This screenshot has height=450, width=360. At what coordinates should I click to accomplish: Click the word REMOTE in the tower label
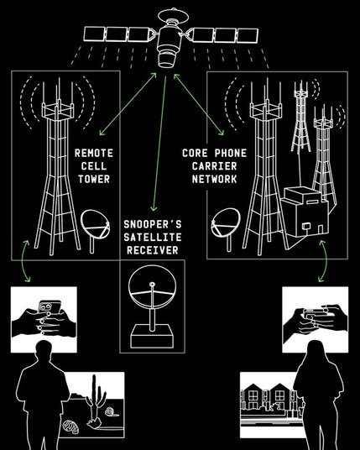point(94,153)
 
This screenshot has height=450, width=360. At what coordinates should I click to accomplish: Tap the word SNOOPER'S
point(153,224)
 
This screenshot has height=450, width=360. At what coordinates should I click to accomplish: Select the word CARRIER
point(214,166)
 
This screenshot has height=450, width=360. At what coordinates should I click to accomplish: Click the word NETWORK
point(214,179)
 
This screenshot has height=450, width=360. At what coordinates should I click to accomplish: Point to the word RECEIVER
point(153,250)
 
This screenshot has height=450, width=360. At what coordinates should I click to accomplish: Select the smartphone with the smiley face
point(50,307)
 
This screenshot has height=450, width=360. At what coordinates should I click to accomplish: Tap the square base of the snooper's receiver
point(152,337)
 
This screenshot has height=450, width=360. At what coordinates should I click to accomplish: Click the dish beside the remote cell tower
point(95,225)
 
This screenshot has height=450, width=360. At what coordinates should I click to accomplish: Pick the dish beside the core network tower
point(226,224)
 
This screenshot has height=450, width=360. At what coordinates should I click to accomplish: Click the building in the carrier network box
point(305,212)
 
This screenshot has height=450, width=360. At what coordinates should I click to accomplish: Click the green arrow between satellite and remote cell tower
point(128,104)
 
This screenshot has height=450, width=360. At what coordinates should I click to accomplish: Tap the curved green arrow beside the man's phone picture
point(26,261)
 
